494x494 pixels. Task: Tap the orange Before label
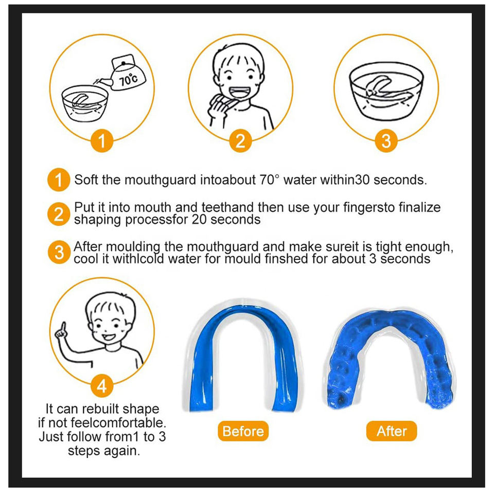click(243, 431)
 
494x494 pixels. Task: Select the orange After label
click(392, 431)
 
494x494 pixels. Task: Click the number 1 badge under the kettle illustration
click(102, 141)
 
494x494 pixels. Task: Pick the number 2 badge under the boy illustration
click(240, 141)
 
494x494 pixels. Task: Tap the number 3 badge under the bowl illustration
click(386, 141)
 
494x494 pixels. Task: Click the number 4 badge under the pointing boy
click(102, 386)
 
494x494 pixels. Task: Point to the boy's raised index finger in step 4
click(63, 328)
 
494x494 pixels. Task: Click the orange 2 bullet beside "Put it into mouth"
click(59, 214)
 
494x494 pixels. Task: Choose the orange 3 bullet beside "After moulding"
click(59, 252)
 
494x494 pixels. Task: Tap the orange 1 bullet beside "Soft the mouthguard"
click(59, 180)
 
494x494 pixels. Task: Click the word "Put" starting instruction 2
click(84, 207)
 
